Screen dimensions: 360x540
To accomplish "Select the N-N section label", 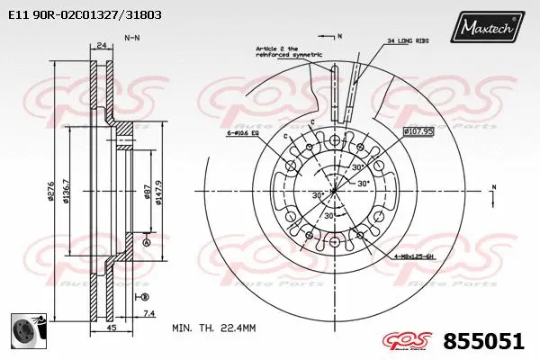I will (131, 38).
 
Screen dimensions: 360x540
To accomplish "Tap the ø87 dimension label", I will (147, 191).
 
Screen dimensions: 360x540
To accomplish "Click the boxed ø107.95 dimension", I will (418, 130).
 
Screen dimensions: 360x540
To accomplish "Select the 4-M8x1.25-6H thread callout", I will (415, 258).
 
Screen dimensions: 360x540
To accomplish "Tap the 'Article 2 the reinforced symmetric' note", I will (288, 51).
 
